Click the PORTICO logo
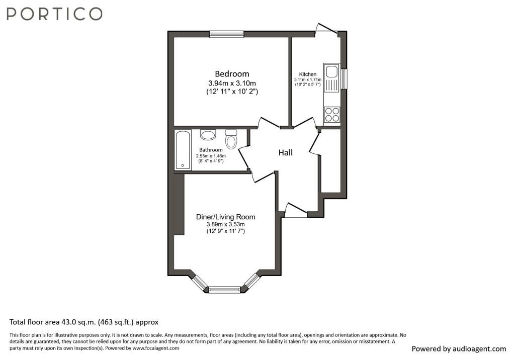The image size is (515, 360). (54, 14)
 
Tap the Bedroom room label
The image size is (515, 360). (232, 74)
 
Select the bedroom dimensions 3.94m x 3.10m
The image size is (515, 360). (232, 83)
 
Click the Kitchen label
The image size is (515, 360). (308, 74)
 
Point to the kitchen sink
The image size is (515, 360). (331, 78)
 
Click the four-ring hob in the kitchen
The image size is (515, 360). (332, 115)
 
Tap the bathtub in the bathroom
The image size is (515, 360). (183, 150)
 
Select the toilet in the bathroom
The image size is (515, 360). (231, 139)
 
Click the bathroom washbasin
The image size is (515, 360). (208, 135)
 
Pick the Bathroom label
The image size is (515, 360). (211, 150)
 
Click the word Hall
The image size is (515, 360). (286, 152)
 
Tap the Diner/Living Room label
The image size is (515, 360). (226, 217)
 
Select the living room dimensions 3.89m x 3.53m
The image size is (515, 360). (226, 224)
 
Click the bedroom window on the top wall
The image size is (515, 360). (227, 34)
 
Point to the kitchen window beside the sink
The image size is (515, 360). (344, 78)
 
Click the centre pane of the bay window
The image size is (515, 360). (225, 290)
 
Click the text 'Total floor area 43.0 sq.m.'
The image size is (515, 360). (53, 322)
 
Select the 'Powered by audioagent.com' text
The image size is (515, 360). (459, 349)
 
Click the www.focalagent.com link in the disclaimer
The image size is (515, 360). (156, 348)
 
